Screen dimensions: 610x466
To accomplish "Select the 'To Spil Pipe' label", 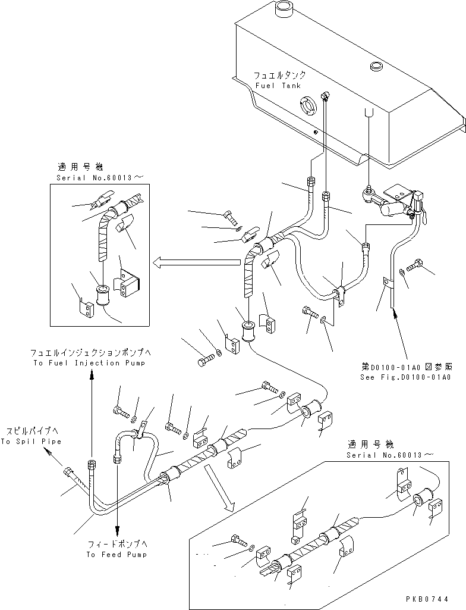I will click(30, 442).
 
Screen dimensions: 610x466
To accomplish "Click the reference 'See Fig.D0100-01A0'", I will click(406, 377).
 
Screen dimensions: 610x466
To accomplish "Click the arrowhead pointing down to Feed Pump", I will click(118, 533).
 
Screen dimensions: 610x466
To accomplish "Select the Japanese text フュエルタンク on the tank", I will click(280, 76).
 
